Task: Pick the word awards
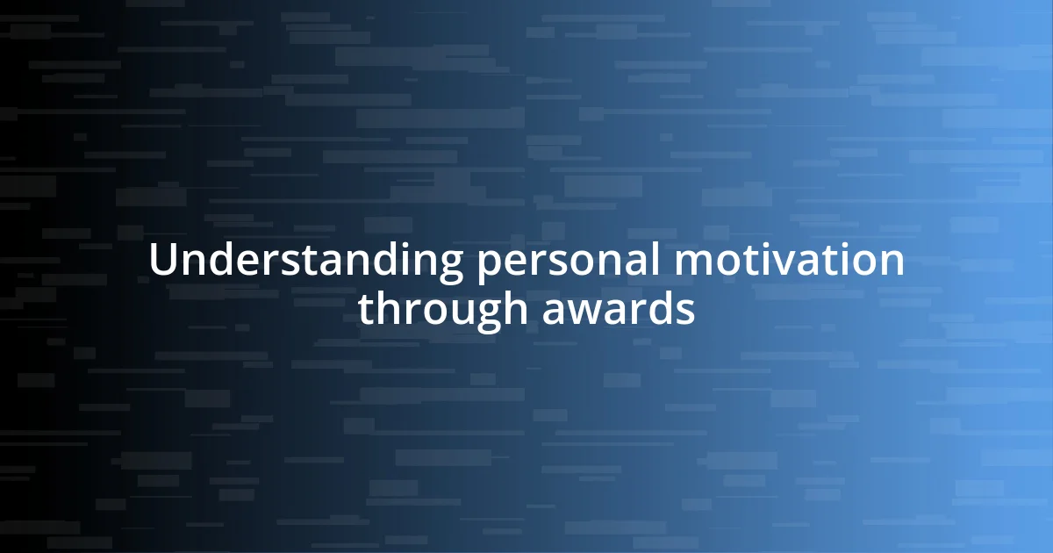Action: [619, 310]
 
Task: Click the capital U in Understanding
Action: [162, 262]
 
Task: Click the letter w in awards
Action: [581, 312]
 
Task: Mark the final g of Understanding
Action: [450, 267]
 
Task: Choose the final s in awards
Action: [686, 312]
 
